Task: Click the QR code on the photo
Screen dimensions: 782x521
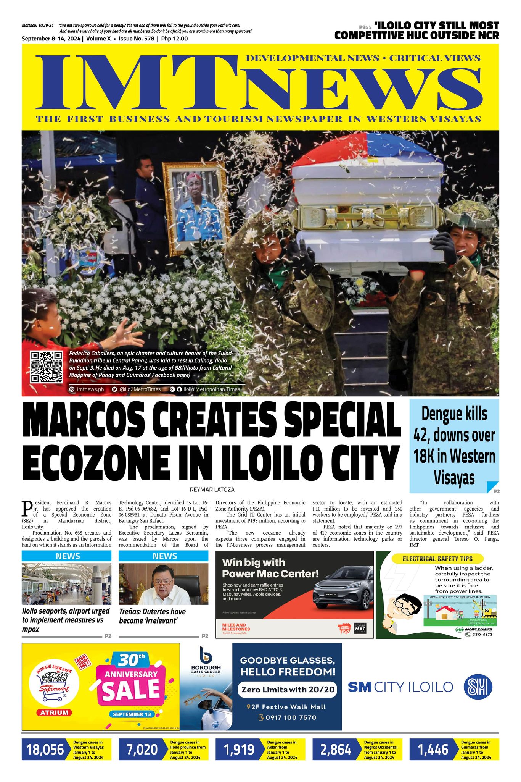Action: point(47,367)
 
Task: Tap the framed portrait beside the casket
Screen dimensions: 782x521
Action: point(195,206)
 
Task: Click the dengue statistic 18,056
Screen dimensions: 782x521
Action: point(45,750)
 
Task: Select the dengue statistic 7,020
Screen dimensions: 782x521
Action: point(142,750)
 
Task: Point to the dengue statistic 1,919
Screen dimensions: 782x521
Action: point(239,750)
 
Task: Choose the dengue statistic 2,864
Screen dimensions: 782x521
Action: point(336,750)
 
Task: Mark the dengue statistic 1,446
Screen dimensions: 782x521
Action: point(433,750)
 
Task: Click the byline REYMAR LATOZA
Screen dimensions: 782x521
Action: point(212,490)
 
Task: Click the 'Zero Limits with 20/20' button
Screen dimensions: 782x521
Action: point(287,690)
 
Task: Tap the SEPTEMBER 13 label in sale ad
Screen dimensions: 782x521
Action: point(132,714)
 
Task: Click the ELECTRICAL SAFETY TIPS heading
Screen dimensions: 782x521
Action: point(437,559)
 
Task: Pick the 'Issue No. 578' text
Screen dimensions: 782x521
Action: point(138,39)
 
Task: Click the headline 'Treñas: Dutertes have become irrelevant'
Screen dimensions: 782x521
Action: point(152,616)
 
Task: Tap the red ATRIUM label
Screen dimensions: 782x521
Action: point(55,712)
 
